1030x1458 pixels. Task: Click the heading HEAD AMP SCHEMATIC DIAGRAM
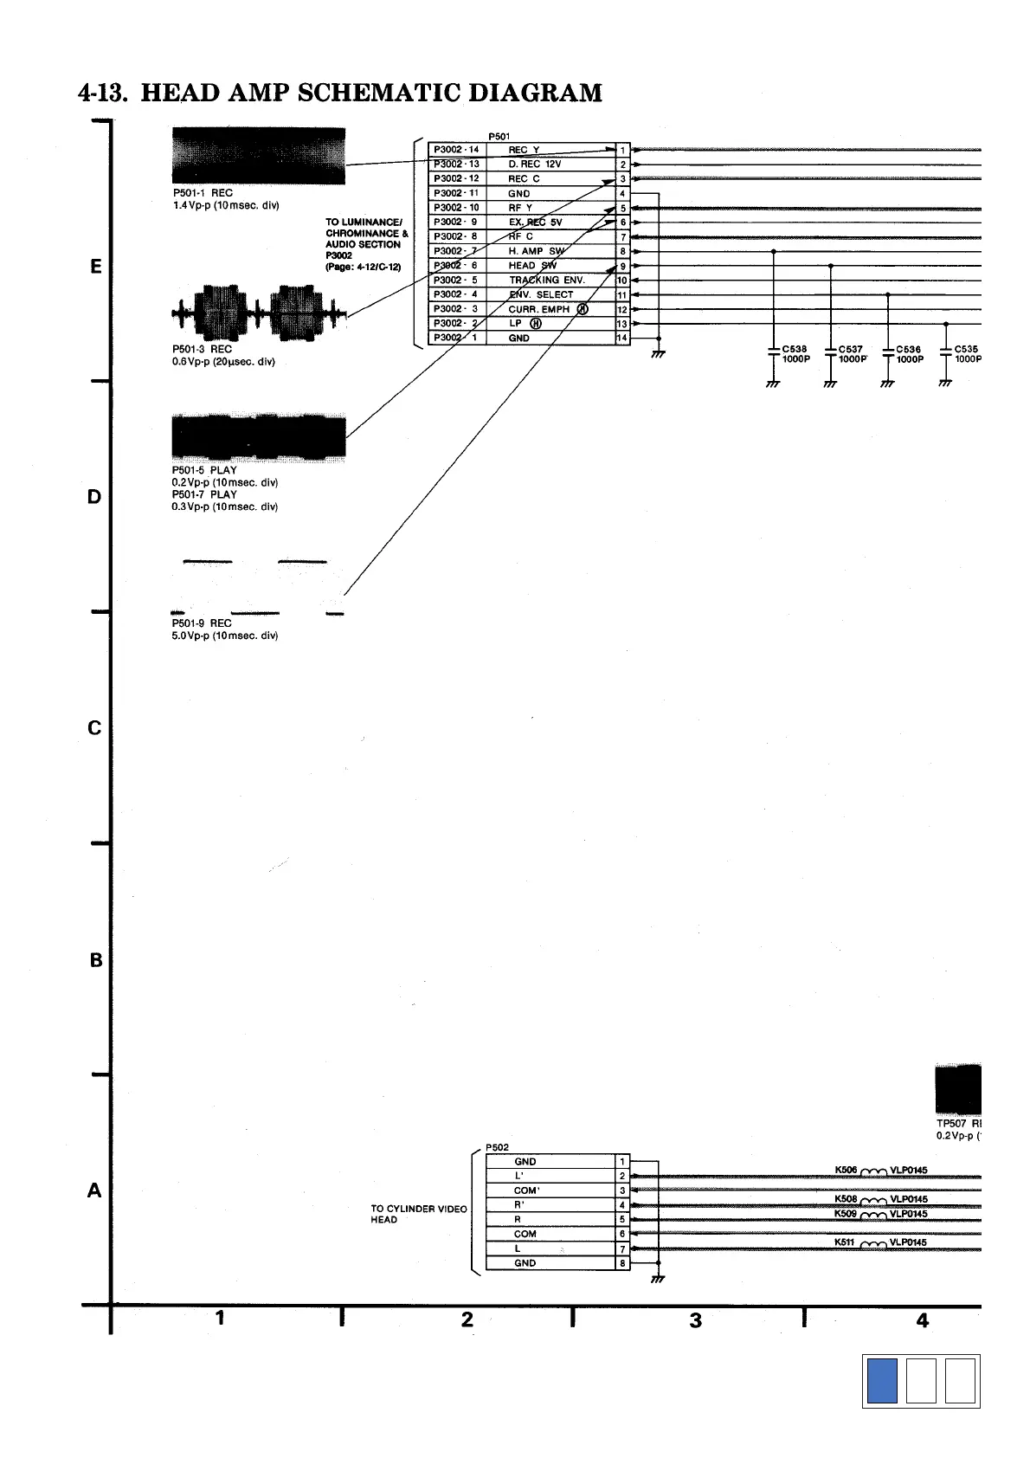(339, 93)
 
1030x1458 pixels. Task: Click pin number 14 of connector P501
(622, 338)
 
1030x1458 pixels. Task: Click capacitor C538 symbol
(772, 352)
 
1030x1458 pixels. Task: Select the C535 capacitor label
(966, 350)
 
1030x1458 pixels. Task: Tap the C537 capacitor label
(851, 350)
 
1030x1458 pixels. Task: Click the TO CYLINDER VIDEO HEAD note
(418, 1214)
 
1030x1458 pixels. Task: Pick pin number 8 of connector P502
(622, 1263)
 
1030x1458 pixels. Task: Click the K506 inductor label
(846, 1171)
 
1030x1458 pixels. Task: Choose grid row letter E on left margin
(96, 267)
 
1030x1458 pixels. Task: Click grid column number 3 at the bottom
(696, 1321)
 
